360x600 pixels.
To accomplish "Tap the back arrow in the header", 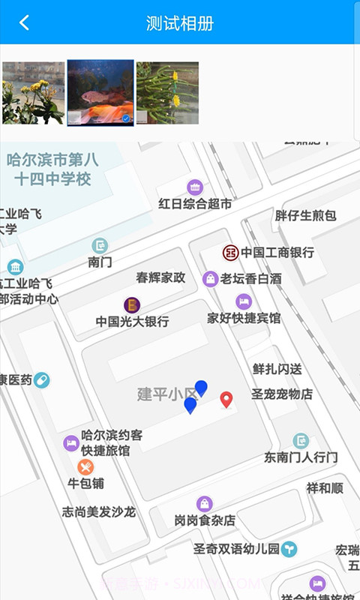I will (24, 22).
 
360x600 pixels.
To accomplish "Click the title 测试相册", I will (180, 23).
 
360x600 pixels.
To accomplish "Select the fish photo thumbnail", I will (100, 92).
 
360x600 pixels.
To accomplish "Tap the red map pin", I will (226, 398).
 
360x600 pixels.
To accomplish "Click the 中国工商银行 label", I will (277, 253).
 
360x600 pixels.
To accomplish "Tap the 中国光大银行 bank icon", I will (132, 304).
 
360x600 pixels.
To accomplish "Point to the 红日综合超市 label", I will (195, 204).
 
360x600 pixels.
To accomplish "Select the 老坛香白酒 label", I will (250, 279).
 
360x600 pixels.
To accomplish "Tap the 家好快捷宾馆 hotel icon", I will (243, 301).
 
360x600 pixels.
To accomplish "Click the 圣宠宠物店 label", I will (281, 394).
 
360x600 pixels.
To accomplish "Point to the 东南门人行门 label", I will (301, 457).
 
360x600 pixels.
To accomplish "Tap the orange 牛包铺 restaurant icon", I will (85, 467).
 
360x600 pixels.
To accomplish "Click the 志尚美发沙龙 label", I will (98, 512).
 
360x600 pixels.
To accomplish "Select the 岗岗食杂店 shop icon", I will (205, 503).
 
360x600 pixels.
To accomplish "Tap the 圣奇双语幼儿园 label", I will (236, 549).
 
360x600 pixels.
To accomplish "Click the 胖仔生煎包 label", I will (305, 216).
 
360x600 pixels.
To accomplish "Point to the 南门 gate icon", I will (100, 245).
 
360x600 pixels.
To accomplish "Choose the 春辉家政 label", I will (160, 277).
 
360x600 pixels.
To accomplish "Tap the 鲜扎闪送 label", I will (277, 369).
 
